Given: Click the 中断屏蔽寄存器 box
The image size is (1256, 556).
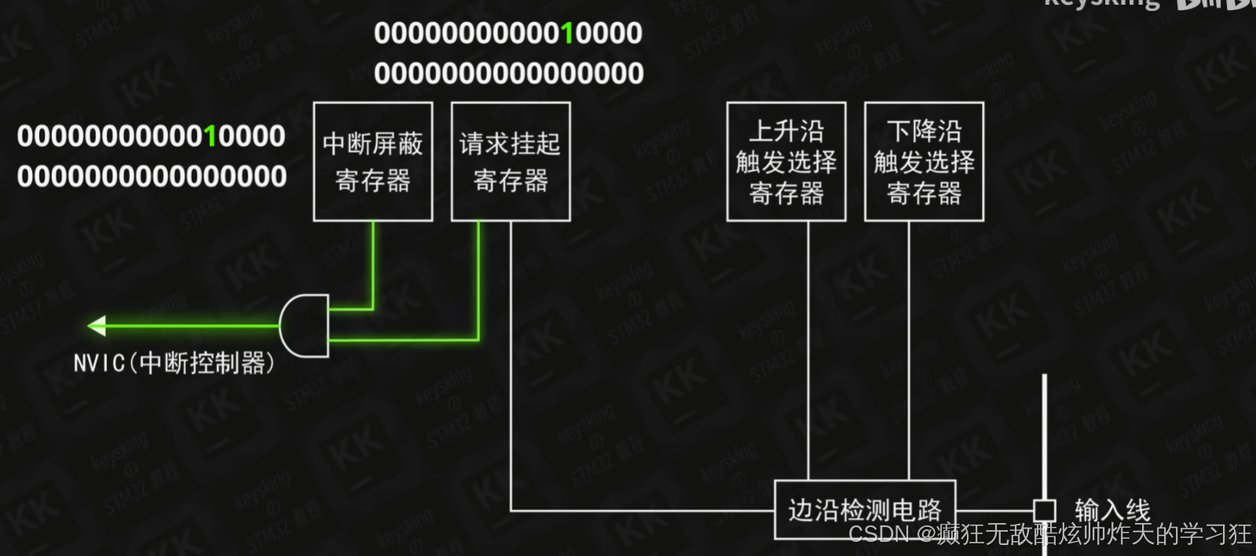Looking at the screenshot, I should [x=373, y=162].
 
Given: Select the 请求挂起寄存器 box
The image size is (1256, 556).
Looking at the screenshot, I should [x=511, y=162].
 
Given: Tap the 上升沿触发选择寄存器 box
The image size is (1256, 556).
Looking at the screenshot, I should [x=786, y=162].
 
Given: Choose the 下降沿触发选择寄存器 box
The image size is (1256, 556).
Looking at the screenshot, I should [x=924, y=162].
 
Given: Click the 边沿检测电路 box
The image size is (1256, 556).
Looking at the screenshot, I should [x=865, y=510].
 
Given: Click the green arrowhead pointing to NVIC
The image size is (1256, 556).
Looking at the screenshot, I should [x=97, y=325].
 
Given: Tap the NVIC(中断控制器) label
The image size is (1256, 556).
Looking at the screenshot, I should [x=174, y=363].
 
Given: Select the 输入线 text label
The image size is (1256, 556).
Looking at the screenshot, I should [x=1112, y=510].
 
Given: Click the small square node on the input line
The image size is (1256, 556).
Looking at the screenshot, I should [x=1044, y=510].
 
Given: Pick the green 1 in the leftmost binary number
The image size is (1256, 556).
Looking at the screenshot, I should [x=210, y=136].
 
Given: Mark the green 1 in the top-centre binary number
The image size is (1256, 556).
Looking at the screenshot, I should [x=567, y=33].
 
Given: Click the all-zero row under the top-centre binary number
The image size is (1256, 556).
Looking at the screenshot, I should [x=509, y=74].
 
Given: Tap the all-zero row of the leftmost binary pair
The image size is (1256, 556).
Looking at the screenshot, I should [x=152, y=177].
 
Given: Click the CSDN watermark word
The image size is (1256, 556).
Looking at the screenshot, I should [x=879, y=535].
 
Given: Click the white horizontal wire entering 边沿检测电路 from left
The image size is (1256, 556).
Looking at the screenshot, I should [x=644, y=511].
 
